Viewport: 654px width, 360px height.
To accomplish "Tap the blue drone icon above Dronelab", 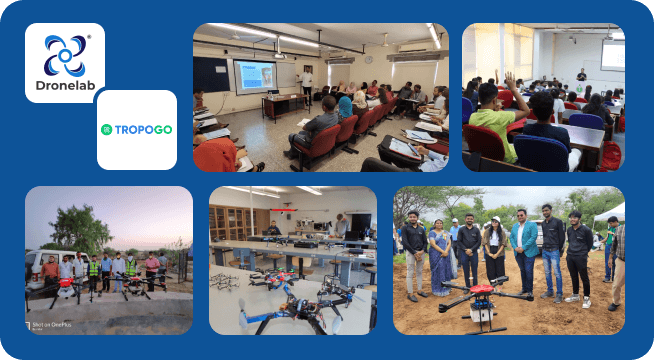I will [x=65, y=52].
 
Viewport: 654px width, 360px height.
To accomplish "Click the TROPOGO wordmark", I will [x=143, y=129].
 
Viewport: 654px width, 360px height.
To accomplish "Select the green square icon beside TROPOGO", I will [x=107, y=129].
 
